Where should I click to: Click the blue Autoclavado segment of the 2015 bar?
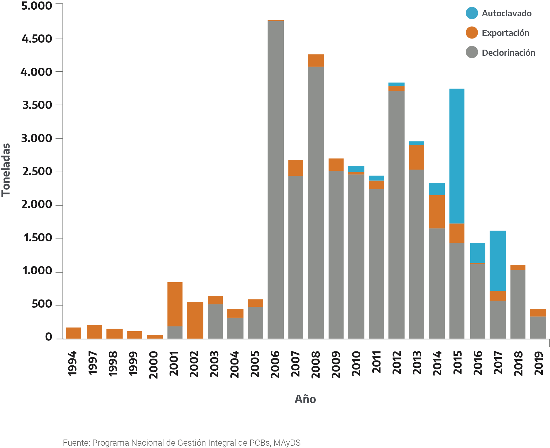(457, 156)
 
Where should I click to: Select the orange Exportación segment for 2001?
(175, 304)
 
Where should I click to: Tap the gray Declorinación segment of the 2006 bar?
(275, 180)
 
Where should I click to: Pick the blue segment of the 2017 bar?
(497, 260)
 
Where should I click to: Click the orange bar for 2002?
(195, 320)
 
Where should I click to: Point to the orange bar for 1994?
(74, 333)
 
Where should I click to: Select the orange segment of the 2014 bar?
(437, 212)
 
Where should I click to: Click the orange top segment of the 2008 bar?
(316, 60)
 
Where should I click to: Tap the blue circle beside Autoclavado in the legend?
(472, 13)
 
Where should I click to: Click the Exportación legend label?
(505, 33)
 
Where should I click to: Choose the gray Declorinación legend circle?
(472, 52)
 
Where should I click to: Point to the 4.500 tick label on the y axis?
(37, 39)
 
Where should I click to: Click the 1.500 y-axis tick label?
(38, 238)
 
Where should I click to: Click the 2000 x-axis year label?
(153, 365)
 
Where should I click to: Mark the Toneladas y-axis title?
(6, 170)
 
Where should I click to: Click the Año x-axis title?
(305, 399)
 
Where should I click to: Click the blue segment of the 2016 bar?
(478, 252)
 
